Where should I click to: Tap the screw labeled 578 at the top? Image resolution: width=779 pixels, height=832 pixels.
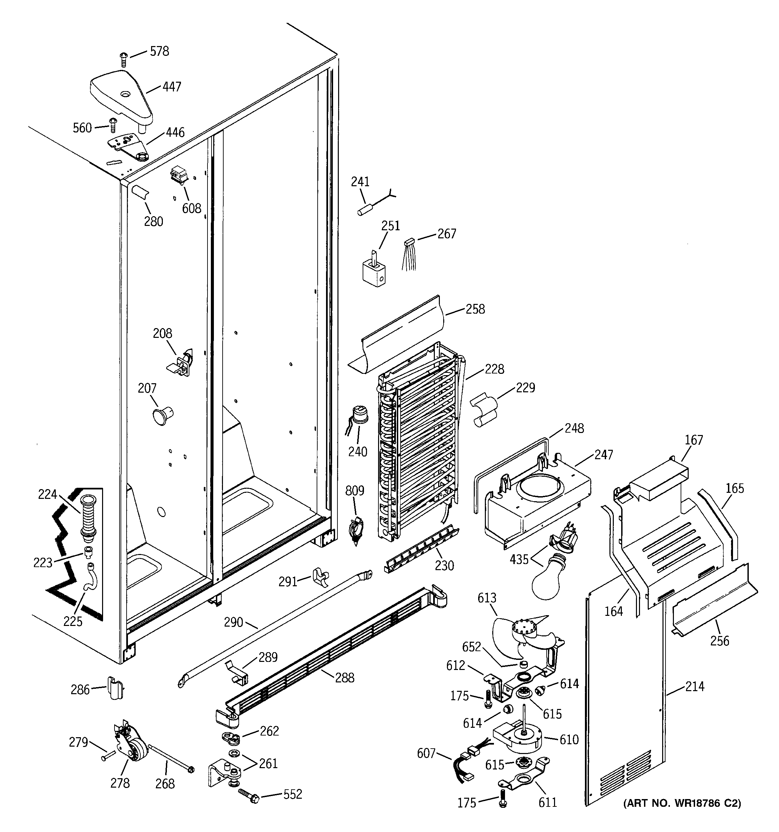point(123,59)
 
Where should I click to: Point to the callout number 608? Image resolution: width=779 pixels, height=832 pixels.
point(191,208)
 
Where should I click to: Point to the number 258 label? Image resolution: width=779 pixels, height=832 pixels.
point(475,309)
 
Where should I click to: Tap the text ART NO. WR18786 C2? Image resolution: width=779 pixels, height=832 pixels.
point(682,803)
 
